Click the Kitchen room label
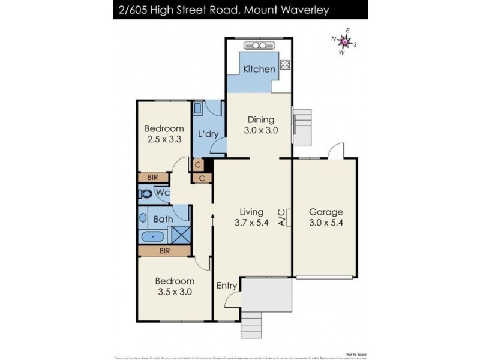coord(259,69)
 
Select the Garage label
coord(326,212)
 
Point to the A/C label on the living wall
coord(282,217)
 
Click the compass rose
coord(344,41)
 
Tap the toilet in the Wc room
coord(146,194)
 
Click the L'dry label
coord(208,133)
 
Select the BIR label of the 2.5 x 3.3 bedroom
coord(152,178)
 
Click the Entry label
coord(227,286)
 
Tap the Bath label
coord(163,220)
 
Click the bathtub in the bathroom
coord(155,236)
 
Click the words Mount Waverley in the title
coord(290,10)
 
